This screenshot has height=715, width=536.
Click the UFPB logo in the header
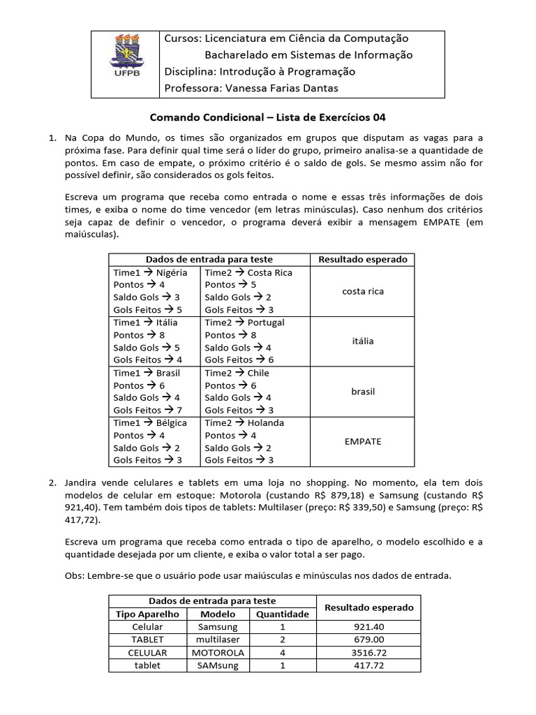point(126,62)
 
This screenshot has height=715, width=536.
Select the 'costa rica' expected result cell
point(363,291)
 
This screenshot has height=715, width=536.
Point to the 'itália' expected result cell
point(363,341)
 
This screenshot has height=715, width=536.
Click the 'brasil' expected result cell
point(363,391)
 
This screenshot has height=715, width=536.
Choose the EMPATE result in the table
point(363,441)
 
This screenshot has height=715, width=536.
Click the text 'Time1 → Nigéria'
point(150,272)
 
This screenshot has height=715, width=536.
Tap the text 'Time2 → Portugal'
point(244,323)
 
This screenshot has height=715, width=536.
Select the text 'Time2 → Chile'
point(237,373)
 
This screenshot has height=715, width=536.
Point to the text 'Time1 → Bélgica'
point(150,422)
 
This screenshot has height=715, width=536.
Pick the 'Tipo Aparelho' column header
point(147,614)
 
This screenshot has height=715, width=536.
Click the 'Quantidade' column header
point(282,614)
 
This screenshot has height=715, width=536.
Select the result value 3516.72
point(369,652)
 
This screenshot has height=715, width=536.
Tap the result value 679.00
point(369,640)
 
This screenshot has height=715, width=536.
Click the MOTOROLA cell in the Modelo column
point(218,652)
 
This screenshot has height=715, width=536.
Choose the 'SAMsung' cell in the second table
point(218,665)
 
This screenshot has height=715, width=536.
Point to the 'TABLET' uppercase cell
point(147,640)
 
